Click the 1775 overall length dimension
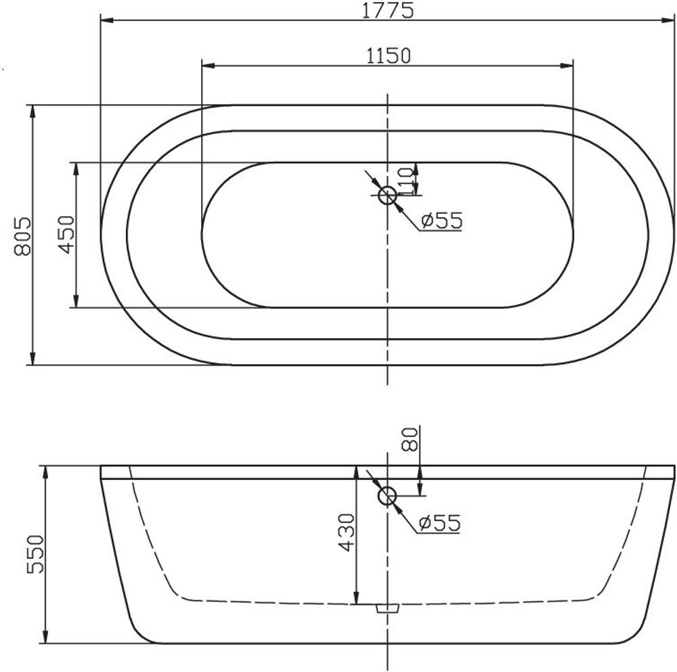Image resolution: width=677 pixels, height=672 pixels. (388, 10)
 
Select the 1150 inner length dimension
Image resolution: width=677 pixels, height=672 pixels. (388, 55)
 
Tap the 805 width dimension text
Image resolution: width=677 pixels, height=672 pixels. (22, 236)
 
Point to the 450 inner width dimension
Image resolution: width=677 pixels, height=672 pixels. (66, 235)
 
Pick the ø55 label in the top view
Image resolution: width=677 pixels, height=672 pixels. (440, 221)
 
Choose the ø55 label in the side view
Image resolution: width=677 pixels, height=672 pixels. (439, 522)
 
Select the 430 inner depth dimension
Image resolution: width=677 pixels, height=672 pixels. (346, 533)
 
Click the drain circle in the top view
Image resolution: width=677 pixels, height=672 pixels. (387, 196)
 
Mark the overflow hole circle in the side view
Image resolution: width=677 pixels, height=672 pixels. (387, 496)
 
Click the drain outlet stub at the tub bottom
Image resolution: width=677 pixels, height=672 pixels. (387, 608)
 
